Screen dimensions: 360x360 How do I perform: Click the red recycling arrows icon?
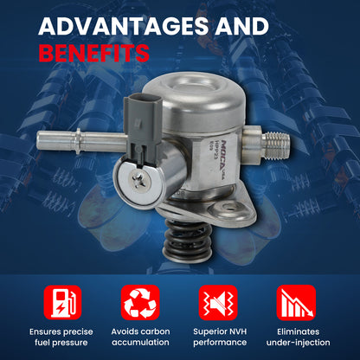point(140,303)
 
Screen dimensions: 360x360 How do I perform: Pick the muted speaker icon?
point(218,303)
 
